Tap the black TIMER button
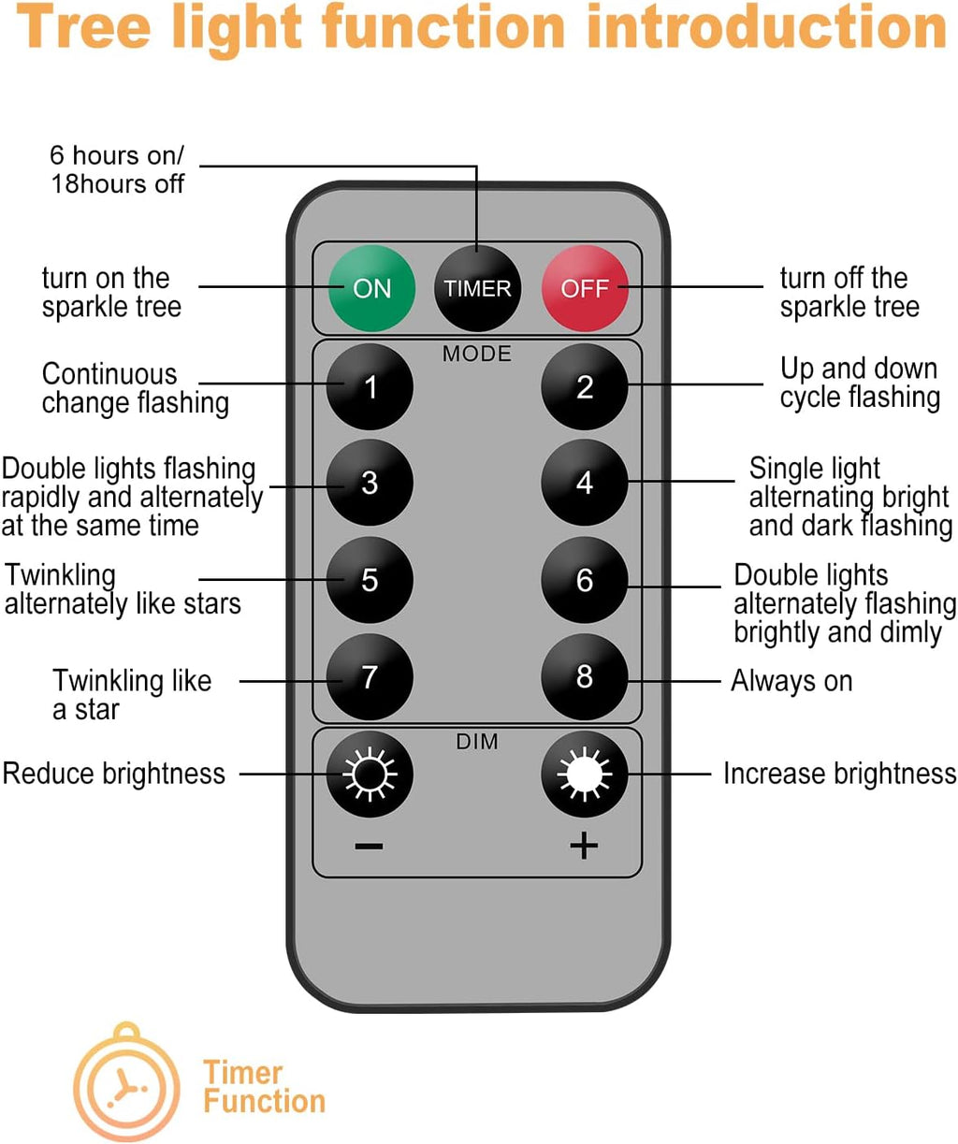(x=477, y=288)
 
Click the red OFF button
(x=585, y=288)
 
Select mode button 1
(x=370, y=386)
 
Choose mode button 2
(x=585, y=386)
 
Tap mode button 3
(x=370, y=483)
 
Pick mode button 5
(x=370, y=580)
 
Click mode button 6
(x=585, y=580)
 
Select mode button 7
(x=370, y=676)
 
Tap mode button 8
(x=585, y=676)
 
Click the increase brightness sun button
(x=585, y=775)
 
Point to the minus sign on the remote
(x=370, y=847)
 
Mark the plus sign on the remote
(x=584, y=846)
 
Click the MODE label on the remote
(x=477, y=354)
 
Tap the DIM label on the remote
(x=477, y=742)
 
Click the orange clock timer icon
(x=126, y=1085)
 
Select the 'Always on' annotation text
(x=791, y=681)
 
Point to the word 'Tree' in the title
(x=84, y=28)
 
